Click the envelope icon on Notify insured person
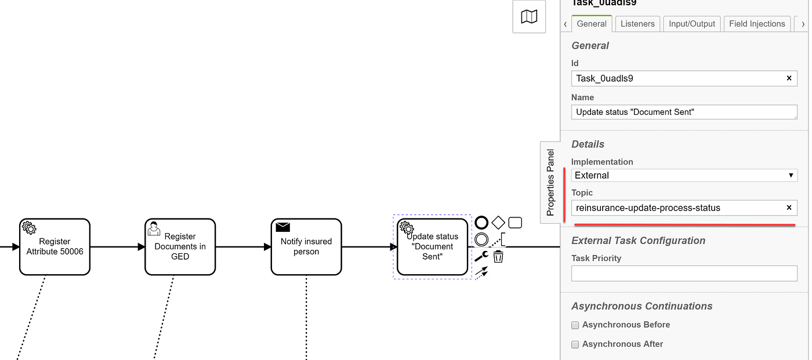[282, 227]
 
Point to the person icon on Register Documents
[154, 228]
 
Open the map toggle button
[529, 17]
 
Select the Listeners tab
[637, 24]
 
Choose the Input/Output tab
[691, 24]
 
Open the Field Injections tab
[757, 24]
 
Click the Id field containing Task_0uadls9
[679, 78]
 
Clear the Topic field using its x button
[789, 208]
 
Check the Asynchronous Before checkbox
[575, 325]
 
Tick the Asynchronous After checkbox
[575, 344]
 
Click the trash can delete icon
[498, 256]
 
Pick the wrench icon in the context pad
[481, 256]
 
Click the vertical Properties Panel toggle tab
[550, 182]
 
